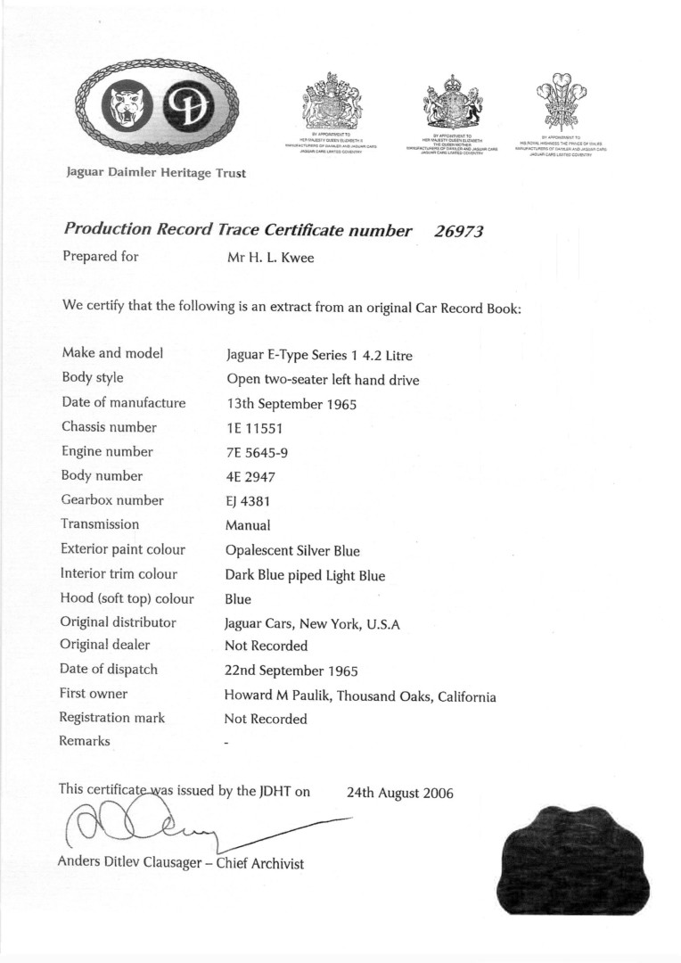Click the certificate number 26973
(458, 231)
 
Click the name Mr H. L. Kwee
(270, 258)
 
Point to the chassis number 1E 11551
(255, 428)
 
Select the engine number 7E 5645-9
(257, 452)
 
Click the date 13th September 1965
(291, 404)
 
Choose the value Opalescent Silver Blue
(292, 550)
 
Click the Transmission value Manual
(248, 526)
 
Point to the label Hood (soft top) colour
(127, 598)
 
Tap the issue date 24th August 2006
(399, 793)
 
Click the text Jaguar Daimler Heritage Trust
(156, 173)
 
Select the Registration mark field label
(112, 718)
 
